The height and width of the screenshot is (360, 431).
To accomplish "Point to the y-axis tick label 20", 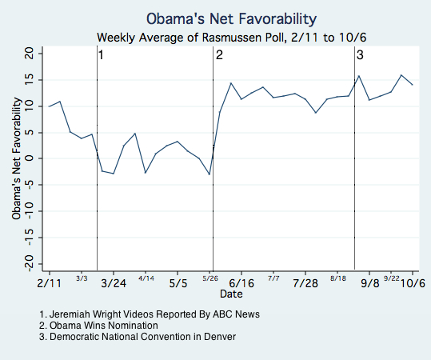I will point(29,53).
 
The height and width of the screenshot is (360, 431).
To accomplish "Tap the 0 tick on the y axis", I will point(31,158).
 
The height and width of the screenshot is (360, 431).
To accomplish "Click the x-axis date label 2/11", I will point(49,283).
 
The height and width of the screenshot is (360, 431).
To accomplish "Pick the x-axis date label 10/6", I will point(412,283).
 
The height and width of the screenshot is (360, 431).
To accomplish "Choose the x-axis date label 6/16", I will point(241,283).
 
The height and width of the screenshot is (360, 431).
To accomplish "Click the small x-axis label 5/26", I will point(210,278).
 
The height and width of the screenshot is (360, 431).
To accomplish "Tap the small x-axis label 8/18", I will point(337,278).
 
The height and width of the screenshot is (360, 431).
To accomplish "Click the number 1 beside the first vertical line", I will point(102,54).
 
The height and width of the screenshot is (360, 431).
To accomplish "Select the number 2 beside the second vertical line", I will point(218,54).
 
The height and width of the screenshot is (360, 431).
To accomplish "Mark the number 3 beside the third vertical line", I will point(360,54).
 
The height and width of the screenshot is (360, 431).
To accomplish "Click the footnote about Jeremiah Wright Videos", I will point(149,314).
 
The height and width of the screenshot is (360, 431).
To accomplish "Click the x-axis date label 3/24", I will point(114,283).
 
